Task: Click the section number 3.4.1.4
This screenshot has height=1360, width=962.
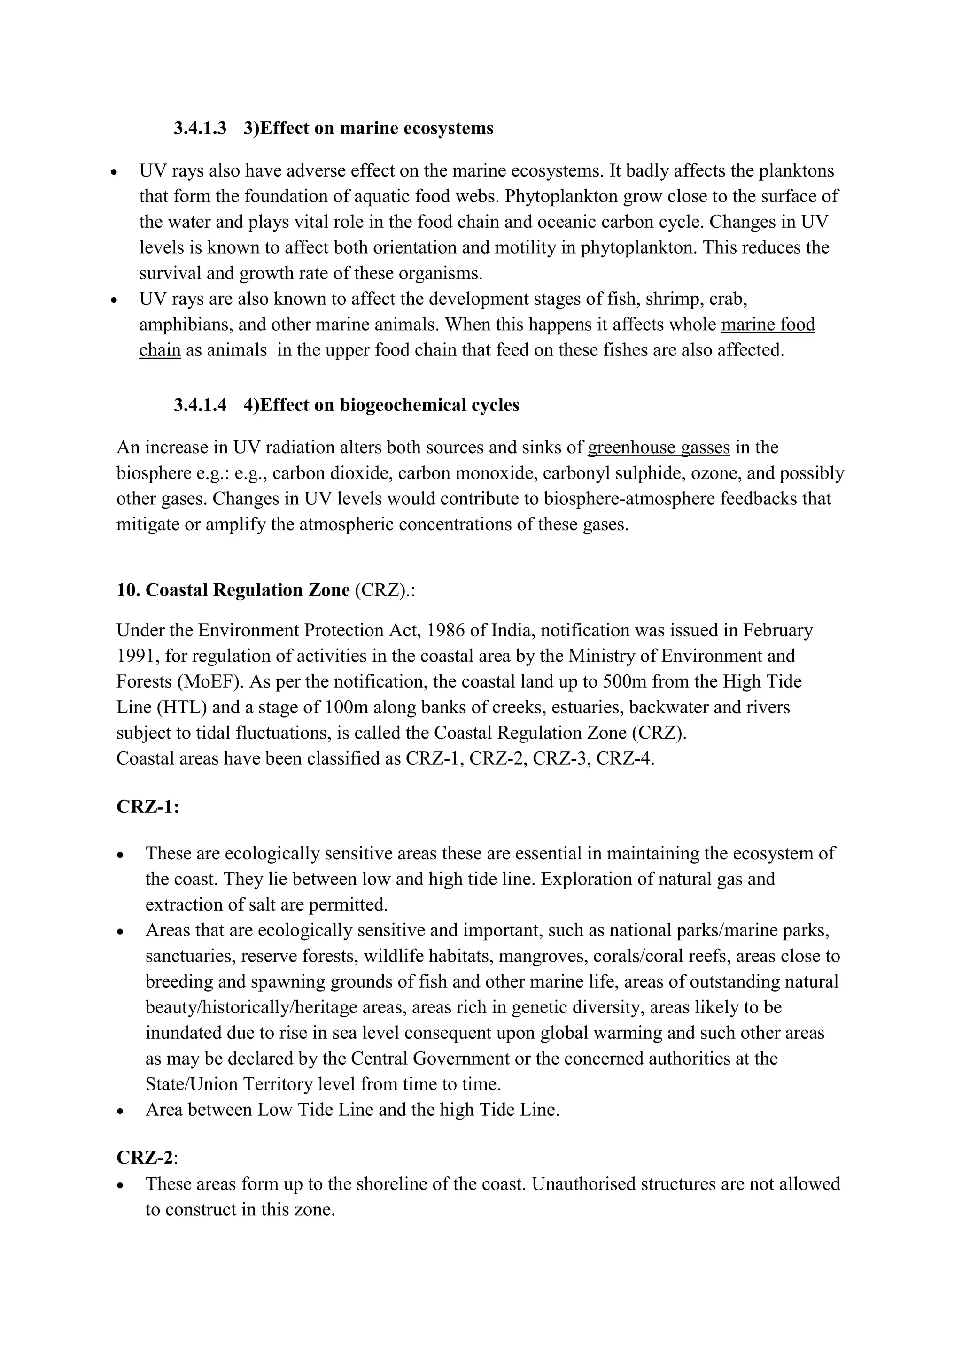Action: tap(200, 405)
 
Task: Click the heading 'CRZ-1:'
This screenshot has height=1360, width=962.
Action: tap(147, 807)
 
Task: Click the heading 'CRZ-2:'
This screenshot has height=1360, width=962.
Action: tap(147, 1157)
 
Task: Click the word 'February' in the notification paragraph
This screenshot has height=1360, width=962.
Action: tap(778, 630)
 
